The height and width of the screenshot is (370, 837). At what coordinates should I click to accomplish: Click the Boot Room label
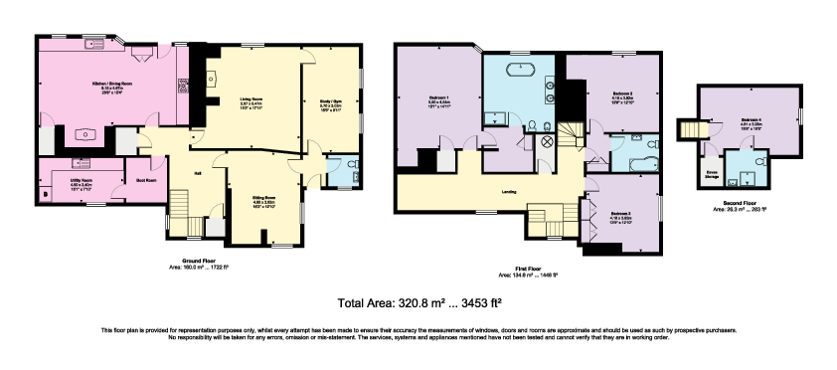[x=145, y=180]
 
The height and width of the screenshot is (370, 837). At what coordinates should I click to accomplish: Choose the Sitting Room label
[x=263, y=199]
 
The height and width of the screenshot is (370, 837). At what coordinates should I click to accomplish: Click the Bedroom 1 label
[x=439, y=97]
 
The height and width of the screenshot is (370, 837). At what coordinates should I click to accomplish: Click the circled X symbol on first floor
[x=545, y=141]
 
